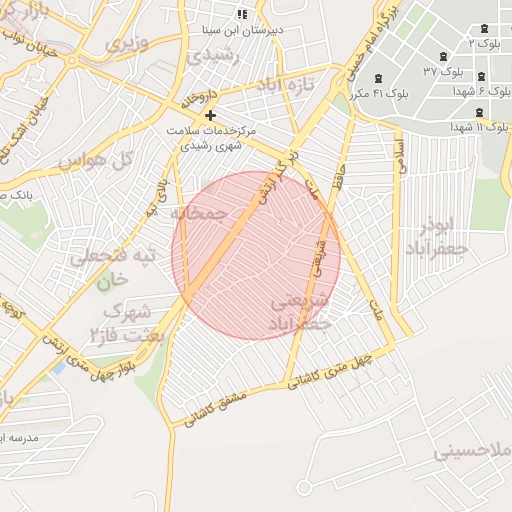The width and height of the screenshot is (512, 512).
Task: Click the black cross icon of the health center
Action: coord(209,115)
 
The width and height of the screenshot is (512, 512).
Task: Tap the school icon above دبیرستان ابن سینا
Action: coord(240,14)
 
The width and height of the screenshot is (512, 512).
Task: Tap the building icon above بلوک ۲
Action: coord(485,28)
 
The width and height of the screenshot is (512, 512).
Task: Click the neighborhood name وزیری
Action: coord(128,44)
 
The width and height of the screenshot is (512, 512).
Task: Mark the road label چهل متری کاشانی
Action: coord(330,369)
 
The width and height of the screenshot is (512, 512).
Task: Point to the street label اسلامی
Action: coord(402,156)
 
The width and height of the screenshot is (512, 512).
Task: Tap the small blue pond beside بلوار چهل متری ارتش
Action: coord(59,368)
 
